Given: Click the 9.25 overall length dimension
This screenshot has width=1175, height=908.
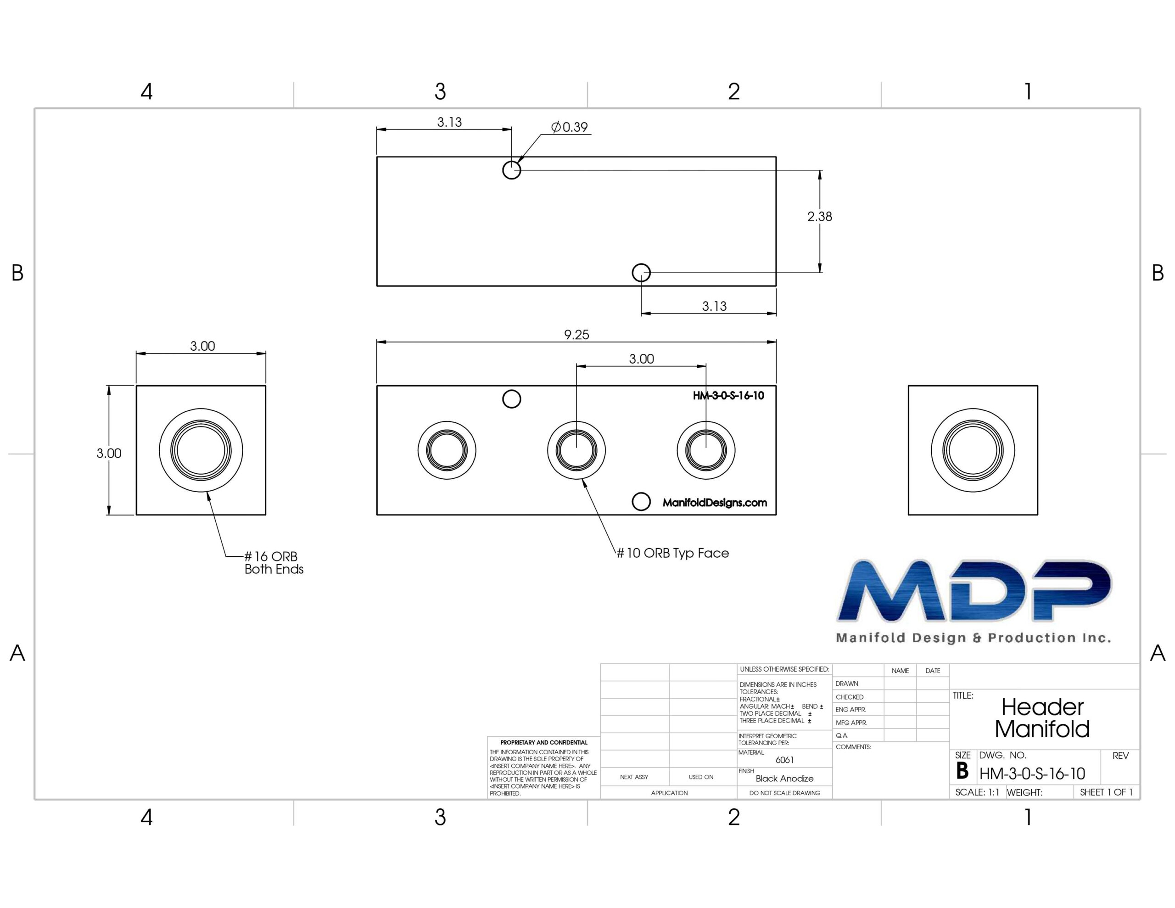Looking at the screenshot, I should tap(576, 335).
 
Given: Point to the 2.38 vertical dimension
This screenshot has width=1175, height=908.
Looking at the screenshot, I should tap(819, 216).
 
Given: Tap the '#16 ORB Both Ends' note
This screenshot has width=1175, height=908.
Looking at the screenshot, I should tap(273, 562).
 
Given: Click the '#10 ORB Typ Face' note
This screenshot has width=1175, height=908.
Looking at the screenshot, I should tap(672, 553).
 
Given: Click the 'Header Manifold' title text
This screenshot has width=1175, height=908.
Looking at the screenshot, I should tap(1042, 717).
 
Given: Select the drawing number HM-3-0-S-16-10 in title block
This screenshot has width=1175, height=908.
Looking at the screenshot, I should tap(1032, 773).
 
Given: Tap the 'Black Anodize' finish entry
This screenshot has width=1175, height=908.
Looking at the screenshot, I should tap(784, 778).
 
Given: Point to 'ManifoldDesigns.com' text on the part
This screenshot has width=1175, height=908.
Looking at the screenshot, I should tap(715, 503).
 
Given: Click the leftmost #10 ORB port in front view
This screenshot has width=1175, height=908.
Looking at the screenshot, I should tap(447, 450).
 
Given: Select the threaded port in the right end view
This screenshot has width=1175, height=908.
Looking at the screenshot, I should tap(973, 450).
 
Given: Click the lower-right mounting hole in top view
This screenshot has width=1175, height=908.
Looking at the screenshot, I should tap(641, 273).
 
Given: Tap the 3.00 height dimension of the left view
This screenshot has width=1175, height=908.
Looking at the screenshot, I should tap(109, 453).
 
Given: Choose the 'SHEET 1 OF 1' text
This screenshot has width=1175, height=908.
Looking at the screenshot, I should tap(1106, 792).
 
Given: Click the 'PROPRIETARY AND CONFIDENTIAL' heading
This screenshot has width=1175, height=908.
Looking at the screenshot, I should tap(543, 742).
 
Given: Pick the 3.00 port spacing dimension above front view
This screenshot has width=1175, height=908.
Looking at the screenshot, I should tap(641, 359).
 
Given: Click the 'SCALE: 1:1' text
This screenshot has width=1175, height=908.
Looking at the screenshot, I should tap(977, 792).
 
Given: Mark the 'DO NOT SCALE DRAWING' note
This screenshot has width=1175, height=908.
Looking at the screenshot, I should tap(784, 793).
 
